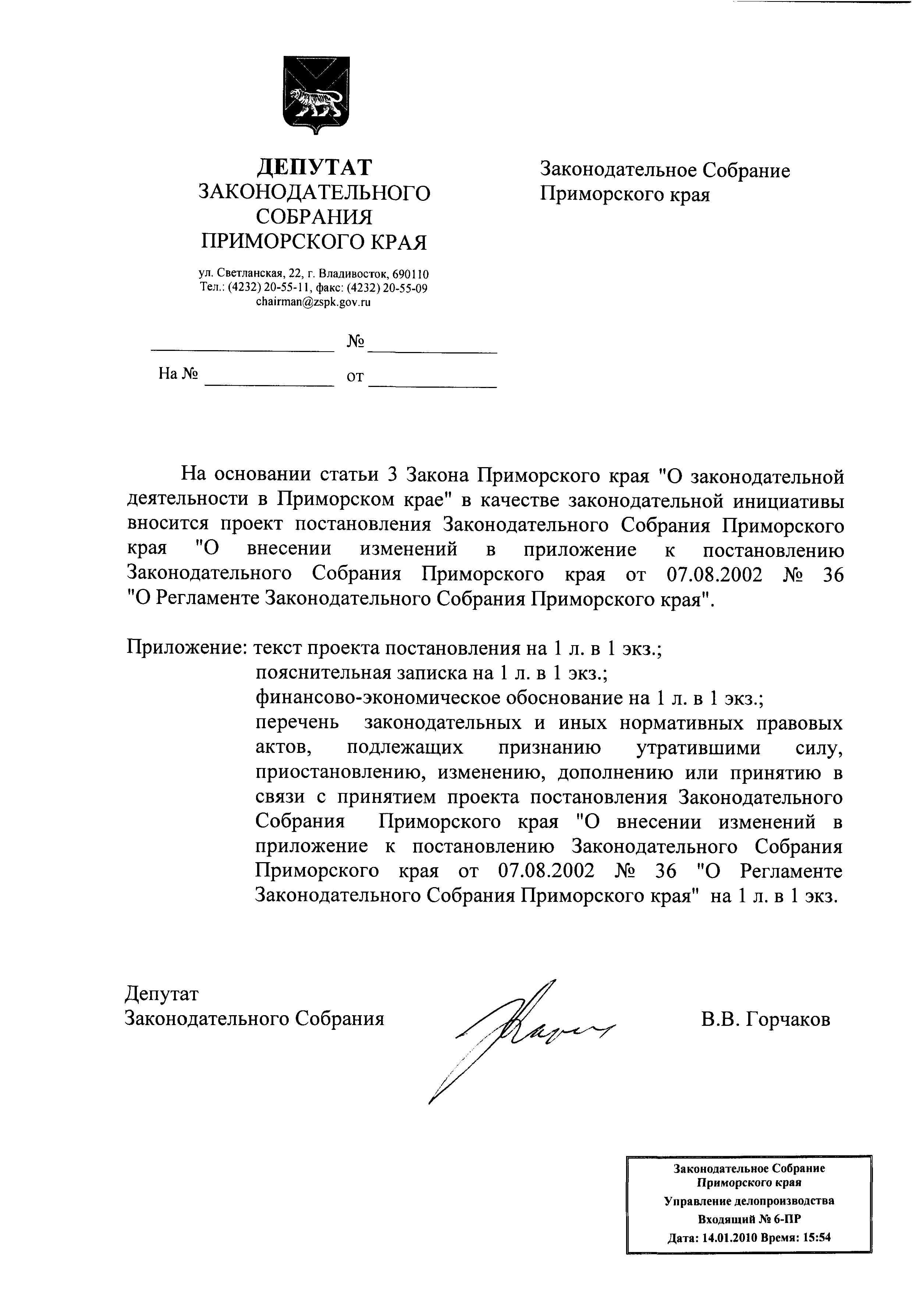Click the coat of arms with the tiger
tap(316, 94)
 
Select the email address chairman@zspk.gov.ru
tap(313, 302)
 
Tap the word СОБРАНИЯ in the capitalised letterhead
tap(315, 217)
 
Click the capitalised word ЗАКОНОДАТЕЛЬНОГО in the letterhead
tap(315, 193)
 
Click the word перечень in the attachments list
tap(298, 723)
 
